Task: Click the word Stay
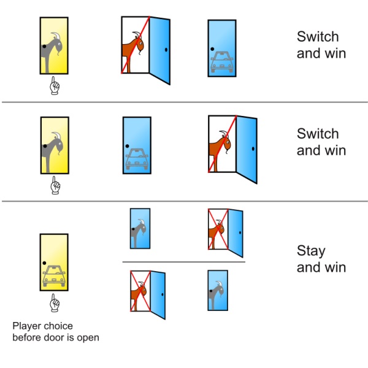point(312,251)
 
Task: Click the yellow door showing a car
point(54,262)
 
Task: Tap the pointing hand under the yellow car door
point(54,302)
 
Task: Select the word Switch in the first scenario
point(318,36)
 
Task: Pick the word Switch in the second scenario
point(318,134)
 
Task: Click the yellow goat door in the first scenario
point(54,45)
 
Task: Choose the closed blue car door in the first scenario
point(221,48)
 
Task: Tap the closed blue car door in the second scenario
point(136,145)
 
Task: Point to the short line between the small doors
point(184,263)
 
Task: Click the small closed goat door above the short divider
point(139,228)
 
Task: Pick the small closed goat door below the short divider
point(217,289)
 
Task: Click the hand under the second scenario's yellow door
point(54,183)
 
